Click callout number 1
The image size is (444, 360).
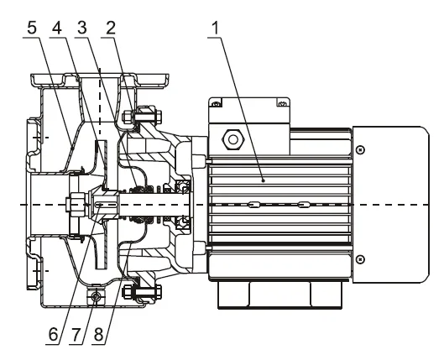(216, 29)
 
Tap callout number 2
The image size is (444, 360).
(111, 29)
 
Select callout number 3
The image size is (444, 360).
(82, 29)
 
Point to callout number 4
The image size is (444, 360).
(57, 29)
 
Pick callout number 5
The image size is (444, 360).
(32, 29)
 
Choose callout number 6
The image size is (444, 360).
(53, 335)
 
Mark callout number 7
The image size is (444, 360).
(76, 335)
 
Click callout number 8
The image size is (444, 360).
(98, 335)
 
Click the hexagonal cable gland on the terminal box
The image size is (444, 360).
(233, 139)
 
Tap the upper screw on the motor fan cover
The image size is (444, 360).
(360, 149)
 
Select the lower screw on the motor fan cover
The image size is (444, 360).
(360, 259)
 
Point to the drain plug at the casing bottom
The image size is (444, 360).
(96, 296)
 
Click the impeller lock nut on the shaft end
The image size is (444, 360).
(76, 205)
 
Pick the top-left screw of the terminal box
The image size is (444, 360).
(217, 103)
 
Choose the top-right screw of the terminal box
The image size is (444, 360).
(283, 103)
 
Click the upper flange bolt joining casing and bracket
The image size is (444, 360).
(142, 116)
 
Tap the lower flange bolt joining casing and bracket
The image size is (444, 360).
(142, 291)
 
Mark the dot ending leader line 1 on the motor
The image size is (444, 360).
(264, 180)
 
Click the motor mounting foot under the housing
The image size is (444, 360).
(279, 295)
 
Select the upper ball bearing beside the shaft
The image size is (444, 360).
(183, 187)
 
